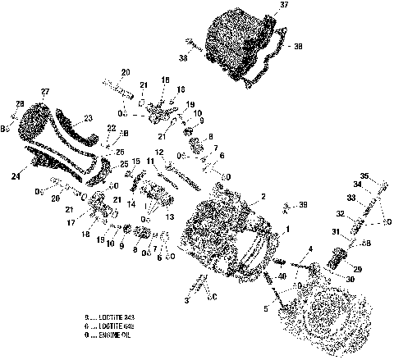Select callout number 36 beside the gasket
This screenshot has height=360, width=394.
(x=297, y=47)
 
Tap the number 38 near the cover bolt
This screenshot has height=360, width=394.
(x=182, y=58)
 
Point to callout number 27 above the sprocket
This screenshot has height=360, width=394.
(x=45, y=90)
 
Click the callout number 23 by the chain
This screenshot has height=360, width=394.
(x=89, y=118)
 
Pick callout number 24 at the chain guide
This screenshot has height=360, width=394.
(x=16, y=175)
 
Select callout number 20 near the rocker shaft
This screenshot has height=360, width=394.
(x=126, y=71)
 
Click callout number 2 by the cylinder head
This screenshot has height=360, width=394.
(x=263, y=197)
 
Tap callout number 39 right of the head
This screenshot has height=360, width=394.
(x=304, y=204)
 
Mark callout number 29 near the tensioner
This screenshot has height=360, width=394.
(x=357, y=269)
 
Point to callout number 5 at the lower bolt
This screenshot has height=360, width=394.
(x=265, y=310)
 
